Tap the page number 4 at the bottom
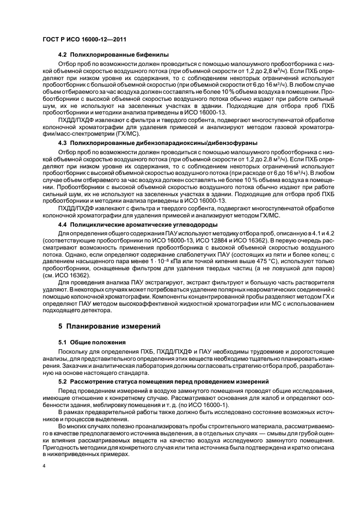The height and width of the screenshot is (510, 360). pyautogui.click(x=44, y=466)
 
